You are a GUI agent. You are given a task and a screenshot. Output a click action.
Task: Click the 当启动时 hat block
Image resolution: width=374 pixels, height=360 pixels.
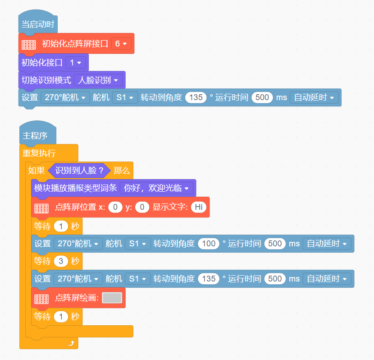[38, 24]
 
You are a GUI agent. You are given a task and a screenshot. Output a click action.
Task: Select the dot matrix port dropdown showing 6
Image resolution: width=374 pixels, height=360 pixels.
[121, 44]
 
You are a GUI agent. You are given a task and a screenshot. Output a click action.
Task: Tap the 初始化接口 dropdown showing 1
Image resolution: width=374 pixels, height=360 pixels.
[76, 63]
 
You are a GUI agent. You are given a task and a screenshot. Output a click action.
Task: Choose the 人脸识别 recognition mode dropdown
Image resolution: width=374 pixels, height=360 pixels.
[98, 80]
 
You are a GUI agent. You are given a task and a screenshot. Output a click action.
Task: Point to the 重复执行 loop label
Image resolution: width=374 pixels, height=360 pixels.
[39, 153]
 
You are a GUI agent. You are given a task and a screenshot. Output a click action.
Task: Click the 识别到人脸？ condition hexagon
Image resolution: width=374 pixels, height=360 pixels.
[79, 171]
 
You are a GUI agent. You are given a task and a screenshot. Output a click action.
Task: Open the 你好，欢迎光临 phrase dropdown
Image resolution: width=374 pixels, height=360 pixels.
[156, 188]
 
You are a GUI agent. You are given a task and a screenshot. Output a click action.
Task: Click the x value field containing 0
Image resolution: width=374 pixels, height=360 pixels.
[115, 207]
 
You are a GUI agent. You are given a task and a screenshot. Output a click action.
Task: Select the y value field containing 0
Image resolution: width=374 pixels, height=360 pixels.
[142, 207]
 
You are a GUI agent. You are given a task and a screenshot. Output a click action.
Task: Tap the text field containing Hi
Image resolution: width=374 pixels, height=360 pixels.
[199, 207]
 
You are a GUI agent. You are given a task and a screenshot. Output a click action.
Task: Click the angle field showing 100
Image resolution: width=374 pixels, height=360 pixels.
[209, 244]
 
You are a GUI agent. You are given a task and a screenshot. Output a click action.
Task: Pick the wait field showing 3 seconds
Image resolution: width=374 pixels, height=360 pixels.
[61, 261]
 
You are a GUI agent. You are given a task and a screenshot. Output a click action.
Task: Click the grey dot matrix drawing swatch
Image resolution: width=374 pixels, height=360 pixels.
[112, 298]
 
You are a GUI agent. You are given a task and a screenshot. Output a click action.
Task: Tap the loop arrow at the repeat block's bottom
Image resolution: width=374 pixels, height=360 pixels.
[71, 343]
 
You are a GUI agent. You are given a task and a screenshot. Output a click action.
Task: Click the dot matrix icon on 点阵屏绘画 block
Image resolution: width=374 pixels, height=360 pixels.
[41, 299]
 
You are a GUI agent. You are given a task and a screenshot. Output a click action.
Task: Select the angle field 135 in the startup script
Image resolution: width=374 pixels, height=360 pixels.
[196, 97]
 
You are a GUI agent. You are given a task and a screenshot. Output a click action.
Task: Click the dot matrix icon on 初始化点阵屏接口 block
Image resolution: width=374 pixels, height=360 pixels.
[29, 45]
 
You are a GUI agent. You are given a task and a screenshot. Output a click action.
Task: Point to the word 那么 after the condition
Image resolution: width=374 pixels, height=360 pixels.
[122, 171]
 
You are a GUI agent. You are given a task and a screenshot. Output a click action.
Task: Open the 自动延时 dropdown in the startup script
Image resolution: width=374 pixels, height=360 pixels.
[314, 97]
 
